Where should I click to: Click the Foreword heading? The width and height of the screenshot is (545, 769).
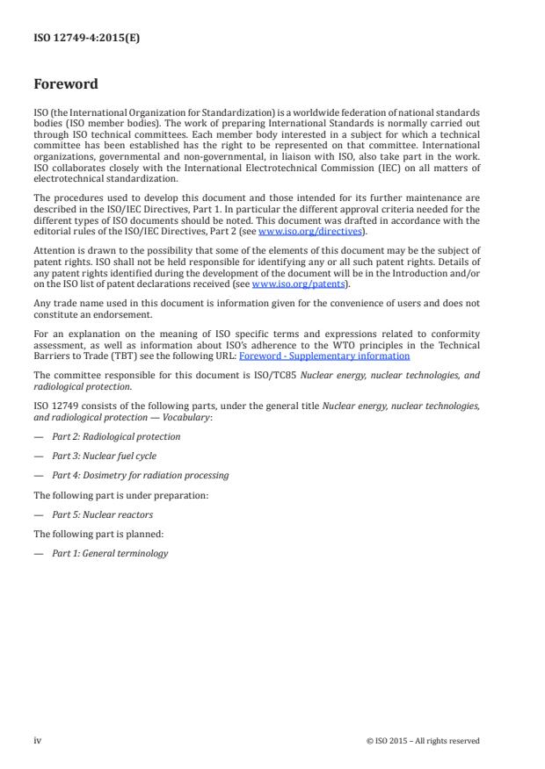pos(65,85)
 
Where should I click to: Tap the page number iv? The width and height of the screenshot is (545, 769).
pos(38,740)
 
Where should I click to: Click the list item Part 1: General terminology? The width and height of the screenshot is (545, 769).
pos(109,553)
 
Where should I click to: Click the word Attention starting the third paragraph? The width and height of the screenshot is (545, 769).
pos(54,249)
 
